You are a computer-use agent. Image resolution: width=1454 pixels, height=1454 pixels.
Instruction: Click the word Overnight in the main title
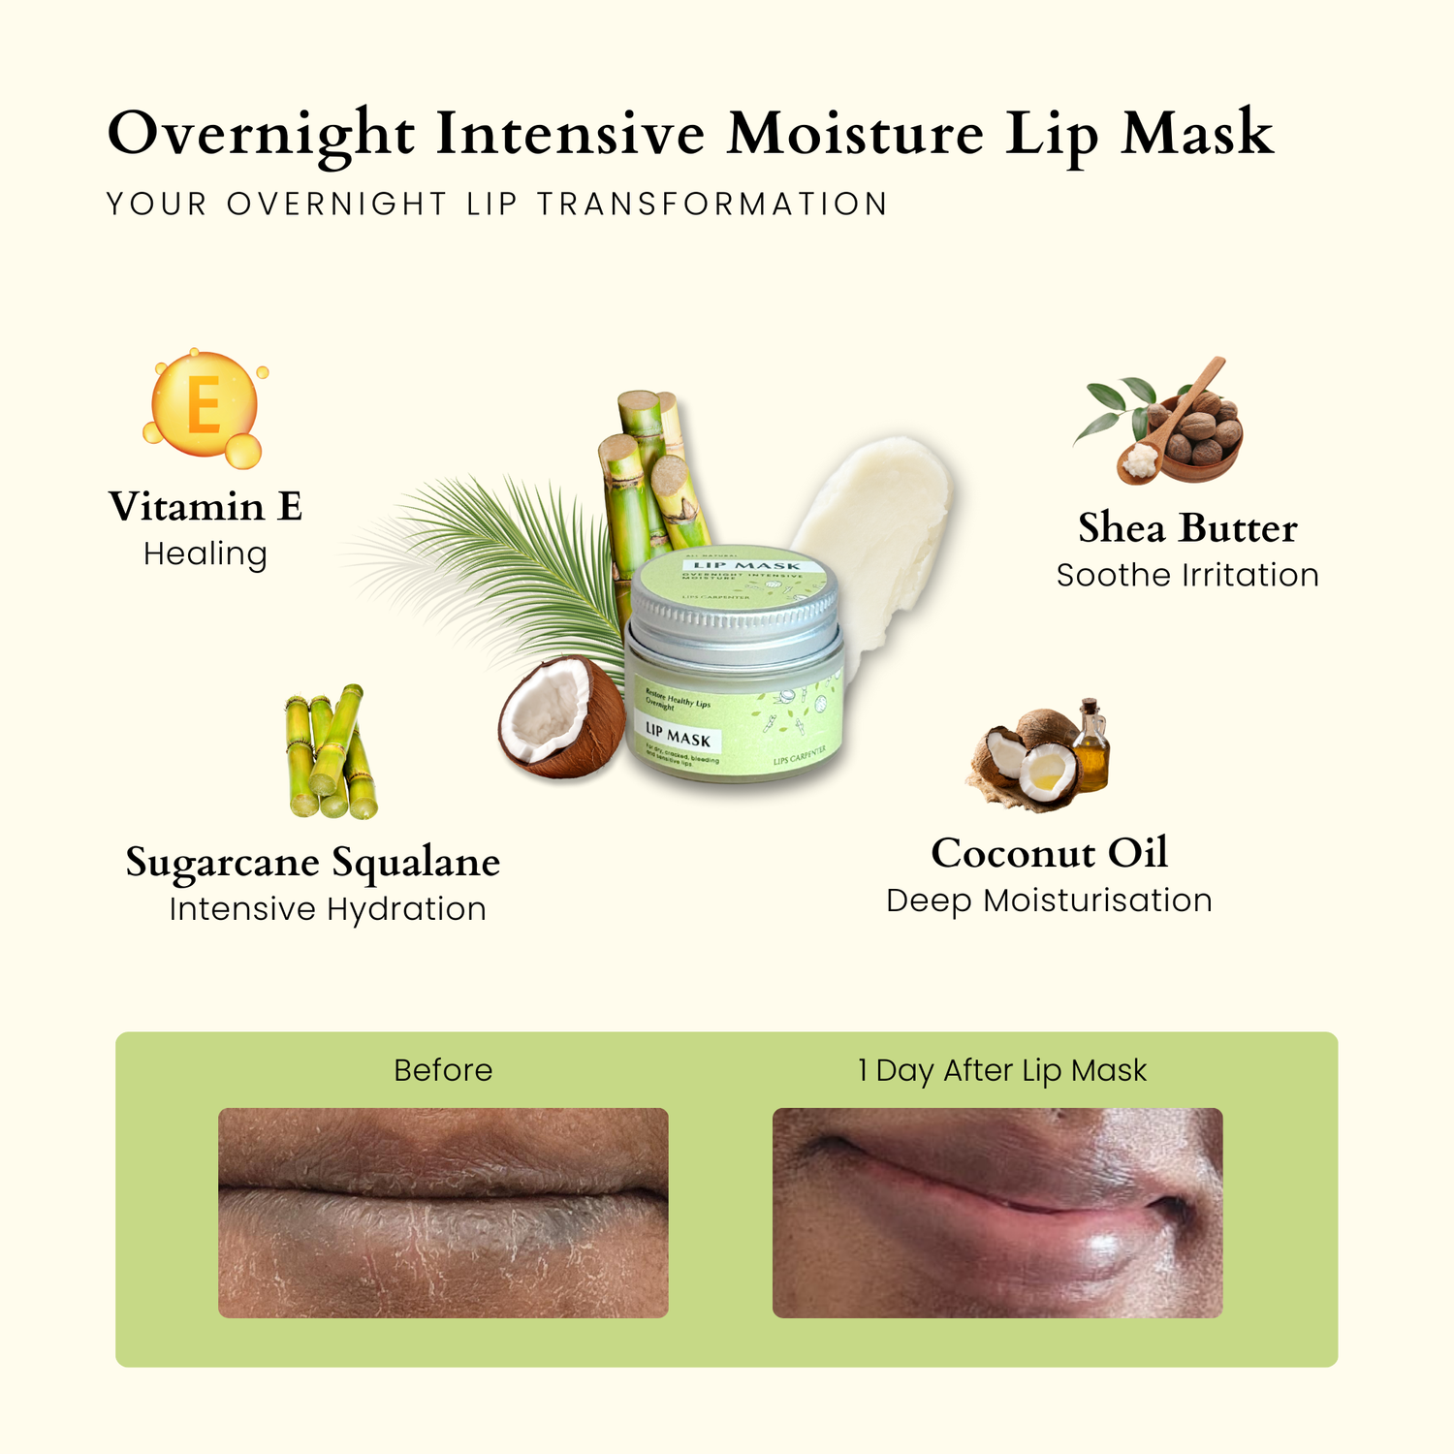tap(262, 134)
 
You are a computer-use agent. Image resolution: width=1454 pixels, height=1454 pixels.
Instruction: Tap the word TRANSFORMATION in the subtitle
tap(712, 205)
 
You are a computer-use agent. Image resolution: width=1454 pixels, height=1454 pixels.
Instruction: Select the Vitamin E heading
tap(205, 507)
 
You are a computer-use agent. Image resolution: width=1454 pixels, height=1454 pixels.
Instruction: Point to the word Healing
tap(205, 554)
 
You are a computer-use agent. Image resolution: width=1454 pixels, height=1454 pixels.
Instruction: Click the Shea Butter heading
tap(1187, 528)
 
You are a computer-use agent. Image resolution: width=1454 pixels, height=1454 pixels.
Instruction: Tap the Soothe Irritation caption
tap(1187, 576)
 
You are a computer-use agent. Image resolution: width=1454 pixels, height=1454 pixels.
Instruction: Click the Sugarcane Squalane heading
tap(313, 863)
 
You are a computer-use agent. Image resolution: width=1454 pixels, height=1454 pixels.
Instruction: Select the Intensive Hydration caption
tap(328, 909)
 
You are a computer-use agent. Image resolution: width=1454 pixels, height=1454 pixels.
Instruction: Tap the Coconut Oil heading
tap(1050, 853)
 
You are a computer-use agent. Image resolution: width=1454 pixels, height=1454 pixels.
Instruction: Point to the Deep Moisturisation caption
tap(1049, 901)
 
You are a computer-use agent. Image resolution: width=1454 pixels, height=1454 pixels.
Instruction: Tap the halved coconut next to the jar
tap(561, 717)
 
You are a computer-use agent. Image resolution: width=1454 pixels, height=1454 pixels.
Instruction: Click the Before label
tap(443, 1070)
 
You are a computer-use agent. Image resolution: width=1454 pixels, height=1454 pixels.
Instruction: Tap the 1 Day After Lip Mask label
tap(1002, 1070)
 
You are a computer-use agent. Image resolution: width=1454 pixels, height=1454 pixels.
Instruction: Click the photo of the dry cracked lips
tap(443, 1213)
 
